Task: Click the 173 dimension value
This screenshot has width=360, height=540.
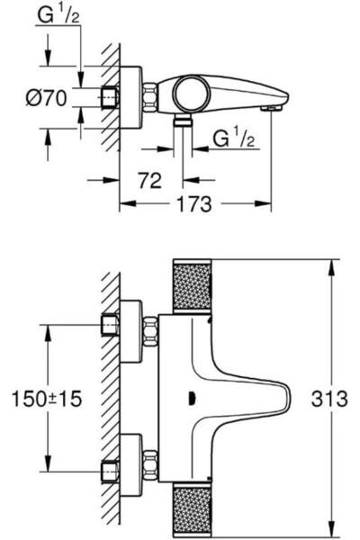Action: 195,205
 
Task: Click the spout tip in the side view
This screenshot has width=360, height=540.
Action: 267,108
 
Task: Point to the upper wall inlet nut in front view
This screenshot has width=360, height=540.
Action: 111,323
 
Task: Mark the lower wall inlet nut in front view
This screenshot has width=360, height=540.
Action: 111,469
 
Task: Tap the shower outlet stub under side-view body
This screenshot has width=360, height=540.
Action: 184,120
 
